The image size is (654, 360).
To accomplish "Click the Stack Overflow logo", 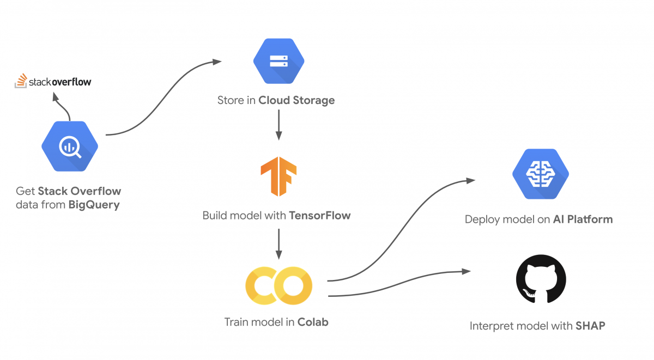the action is tap(53, 81).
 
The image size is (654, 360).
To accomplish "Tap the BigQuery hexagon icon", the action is tap(70, 146).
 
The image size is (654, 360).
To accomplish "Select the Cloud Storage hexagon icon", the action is tap(279, 61).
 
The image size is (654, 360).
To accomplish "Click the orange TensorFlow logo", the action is tap(278, 176).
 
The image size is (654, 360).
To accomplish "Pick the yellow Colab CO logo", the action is tap(279, 285).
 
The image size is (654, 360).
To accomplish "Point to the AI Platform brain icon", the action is tap(541, 174).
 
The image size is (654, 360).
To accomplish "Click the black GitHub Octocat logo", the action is tap(541, 279).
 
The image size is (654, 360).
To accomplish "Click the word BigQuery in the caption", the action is tap(94, 205).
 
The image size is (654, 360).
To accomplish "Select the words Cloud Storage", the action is tap(296, 100).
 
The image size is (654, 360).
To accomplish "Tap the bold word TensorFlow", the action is tap(320, 216).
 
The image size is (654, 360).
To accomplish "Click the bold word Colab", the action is tap(313, 322).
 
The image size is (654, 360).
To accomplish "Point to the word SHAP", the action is tap(590, 326).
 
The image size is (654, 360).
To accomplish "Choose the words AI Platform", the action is tap(583, 219).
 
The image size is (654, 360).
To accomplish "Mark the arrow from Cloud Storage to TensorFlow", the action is tap(279, 125).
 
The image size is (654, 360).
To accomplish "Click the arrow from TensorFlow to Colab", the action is tap(279, 244).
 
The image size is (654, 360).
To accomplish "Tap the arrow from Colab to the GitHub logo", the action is tap(398, 284).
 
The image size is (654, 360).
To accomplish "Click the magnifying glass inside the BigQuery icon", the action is tap(70, 147).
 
